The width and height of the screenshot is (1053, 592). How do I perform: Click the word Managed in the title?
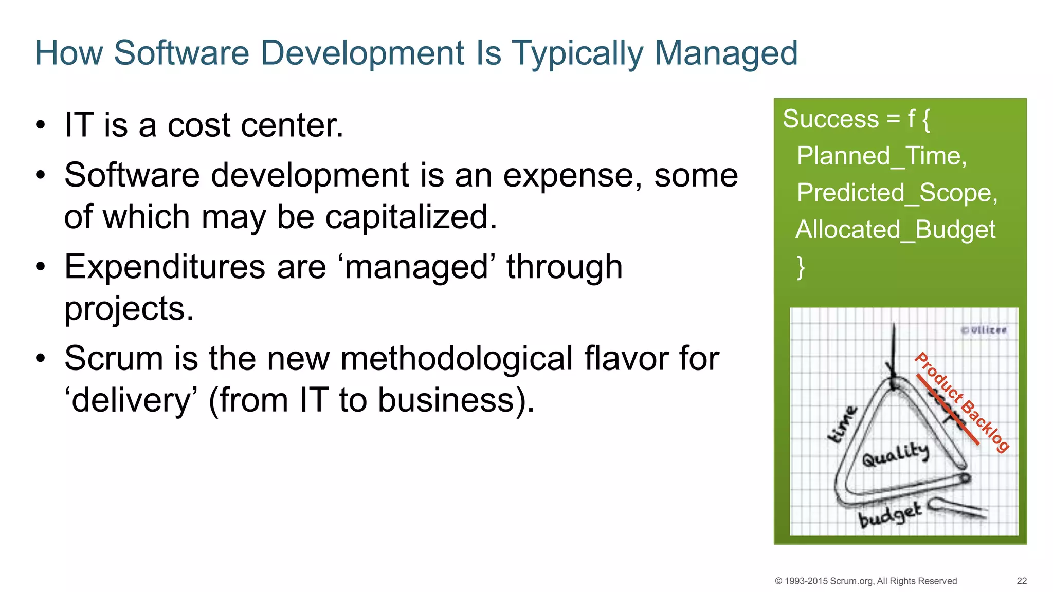726,53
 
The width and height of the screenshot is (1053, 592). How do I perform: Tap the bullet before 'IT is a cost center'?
41,125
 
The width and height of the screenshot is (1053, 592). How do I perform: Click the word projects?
129,309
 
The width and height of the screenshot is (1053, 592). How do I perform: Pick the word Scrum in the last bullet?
114,358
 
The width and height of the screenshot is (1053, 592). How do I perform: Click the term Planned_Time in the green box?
881,156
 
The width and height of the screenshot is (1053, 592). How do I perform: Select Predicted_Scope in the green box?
897,193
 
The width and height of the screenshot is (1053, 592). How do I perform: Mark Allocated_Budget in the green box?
895,230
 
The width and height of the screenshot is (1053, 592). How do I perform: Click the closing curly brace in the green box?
801,267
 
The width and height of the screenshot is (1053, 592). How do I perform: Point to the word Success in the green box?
830,119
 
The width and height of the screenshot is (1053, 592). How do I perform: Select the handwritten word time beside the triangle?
843,424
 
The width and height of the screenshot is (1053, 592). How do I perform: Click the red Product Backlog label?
961,402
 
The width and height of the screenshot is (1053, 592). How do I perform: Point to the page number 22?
1022,581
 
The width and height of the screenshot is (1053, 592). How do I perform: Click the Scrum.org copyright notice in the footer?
866,581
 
